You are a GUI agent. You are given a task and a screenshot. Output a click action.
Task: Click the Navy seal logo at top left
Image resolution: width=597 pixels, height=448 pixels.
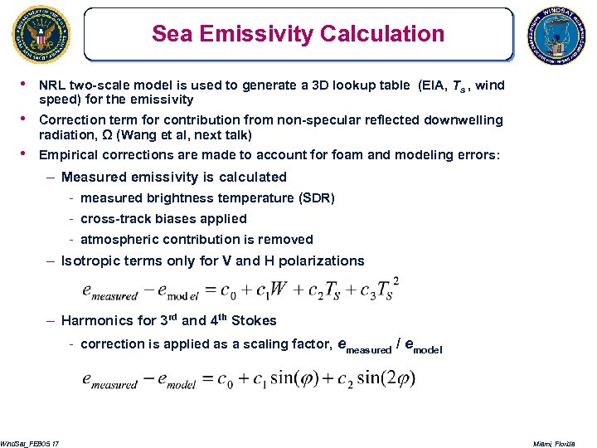37,34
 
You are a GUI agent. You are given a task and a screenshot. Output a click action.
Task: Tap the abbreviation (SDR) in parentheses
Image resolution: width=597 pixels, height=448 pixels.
318,197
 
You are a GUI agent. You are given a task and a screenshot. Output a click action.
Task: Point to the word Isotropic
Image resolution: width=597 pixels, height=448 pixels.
91,261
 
